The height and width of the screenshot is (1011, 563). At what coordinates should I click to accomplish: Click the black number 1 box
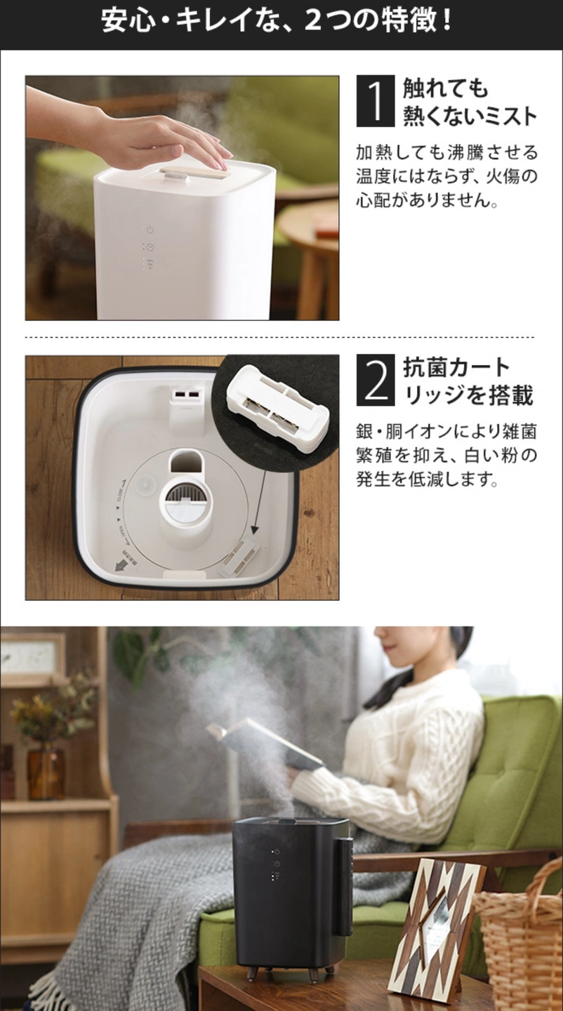[x=376, y=100]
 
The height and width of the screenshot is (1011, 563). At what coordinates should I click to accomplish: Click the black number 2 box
[x=376, y=381]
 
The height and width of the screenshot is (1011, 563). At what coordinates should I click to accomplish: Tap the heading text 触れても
[x=446, y=88]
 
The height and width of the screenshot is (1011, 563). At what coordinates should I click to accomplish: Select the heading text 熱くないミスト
[x=470, y=115]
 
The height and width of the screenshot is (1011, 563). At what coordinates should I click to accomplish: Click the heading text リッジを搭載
[x=468, y=395]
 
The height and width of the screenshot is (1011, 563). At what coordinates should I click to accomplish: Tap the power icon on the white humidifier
[x=150, y=230]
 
